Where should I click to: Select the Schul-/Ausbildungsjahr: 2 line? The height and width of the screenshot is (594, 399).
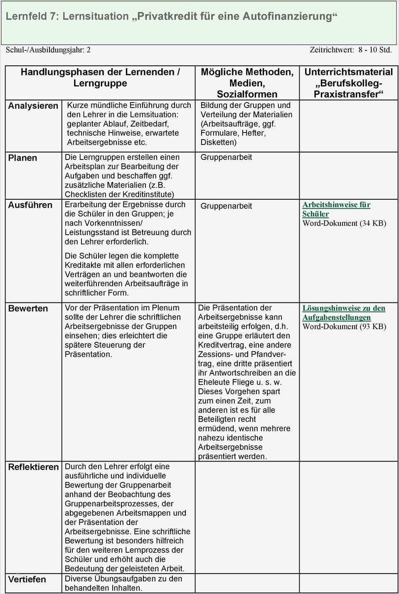(x=48, y=50)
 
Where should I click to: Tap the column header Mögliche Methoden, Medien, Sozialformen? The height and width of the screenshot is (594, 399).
(x=247, y=83)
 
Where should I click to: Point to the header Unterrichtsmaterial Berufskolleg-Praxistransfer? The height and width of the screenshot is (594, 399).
(x=348, y=83)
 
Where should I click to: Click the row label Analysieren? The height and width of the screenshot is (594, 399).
(x=33, y=106)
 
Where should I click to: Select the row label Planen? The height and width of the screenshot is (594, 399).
(x=22, y=158)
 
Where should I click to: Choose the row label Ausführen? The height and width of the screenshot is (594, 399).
(x=30, y=205)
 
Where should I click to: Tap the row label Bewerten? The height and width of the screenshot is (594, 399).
(x=28, y=308)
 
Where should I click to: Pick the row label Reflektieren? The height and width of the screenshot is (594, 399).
(x=34, y=467)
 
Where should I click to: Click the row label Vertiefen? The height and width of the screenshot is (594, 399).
(x=27, y=579)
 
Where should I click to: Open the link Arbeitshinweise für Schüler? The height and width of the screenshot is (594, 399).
(x=336, y=209)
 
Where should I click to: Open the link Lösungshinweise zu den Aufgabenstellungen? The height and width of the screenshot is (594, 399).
(x=343, y=313)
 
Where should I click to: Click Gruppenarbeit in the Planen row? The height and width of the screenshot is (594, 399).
(x=226, y=157)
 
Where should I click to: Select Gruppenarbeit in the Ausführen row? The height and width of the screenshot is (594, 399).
(x=226, y=206)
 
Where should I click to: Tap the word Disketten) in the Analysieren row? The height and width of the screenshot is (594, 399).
(x=219, y=142)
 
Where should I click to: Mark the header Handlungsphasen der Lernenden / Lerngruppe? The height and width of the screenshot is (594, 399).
(x=100, y=77)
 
